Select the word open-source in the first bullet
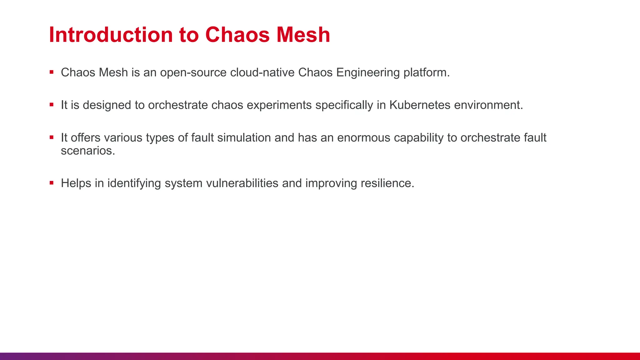pos(193,73)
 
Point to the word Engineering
pos(368,73)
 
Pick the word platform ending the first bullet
pos(426,73)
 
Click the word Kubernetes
pos(420,105)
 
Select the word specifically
pos(344,105)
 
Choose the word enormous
pos(363,138)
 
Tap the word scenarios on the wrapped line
pos(87,151)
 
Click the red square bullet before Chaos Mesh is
pos(52,72)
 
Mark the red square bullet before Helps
pos(52,183)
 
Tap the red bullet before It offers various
pos(52,137)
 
